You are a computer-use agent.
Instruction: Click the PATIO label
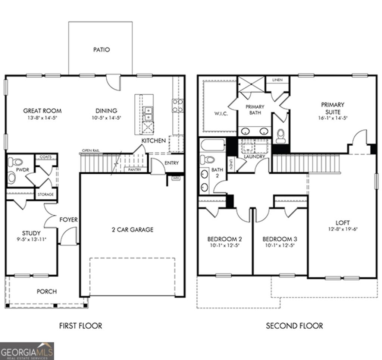(x=101, y=50)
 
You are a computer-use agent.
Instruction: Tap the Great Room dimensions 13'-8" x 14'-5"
(x=42, y=118)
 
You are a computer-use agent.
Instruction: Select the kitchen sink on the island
(x=148, y=113)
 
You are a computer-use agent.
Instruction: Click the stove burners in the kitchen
(x=178, y=105)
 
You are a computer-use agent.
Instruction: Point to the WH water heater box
(x=175, y=178)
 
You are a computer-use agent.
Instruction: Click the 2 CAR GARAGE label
(x=132, y=230)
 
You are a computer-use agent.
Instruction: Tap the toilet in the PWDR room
(x=15, y=162)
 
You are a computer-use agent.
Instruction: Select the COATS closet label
(x=46, y=157)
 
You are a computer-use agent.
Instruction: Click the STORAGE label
(x=46, y=195)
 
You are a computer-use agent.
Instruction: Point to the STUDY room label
(x=31, y=233)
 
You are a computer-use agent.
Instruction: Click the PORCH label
(x=47, y=291)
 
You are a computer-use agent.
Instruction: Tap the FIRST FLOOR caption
(x=81, y=326)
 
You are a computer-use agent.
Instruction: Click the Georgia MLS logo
(x=27, y=351)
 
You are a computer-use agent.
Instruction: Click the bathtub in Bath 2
(x=212, y=145)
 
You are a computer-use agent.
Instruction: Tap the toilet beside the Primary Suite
(x=281, y=136)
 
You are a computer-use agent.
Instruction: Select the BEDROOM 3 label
(x=279, y=239)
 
